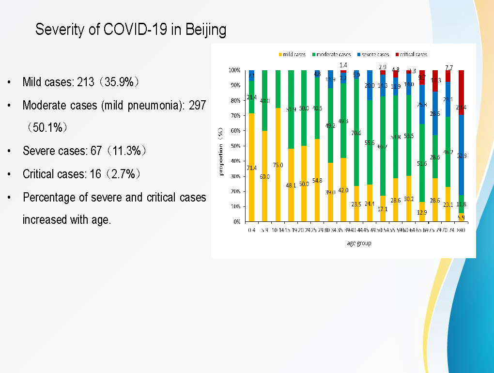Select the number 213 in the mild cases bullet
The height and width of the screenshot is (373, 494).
pos(86,82)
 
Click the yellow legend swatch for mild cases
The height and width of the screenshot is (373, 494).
pos(280,55)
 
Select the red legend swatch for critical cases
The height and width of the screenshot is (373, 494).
pos(397,55)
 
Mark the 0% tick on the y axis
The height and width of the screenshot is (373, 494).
pos(236,222)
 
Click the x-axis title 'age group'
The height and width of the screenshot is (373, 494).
pos(359,243)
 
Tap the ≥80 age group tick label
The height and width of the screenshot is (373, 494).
pos(461,231)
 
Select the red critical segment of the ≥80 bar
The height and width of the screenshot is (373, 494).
pos(461,92)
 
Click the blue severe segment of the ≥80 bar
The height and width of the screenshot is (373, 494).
pos(461,155)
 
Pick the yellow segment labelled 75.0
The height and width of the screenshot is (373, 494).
pos(278,165)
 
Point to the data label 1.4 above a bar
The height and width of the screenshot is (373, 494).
pos(343,65)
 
